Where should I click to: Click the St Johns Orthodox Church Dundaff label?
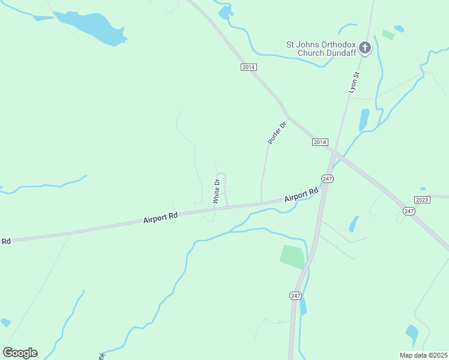click(x=319, y=48)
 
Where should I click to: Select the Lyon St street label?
click(x=354, y=82)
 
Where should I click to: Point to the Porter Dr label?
click(x=278, y=131)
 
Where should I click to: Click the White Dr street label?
click(x=217, y=191)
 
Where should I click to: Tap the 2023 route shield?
click(x=422, y=199)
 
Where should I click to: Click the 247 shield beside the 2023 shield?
click(x=409, y=211)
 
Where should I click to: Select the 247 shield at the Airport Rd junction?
click(x=327, y=179)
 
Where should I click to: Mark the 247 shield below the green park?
click(x=295, y=296)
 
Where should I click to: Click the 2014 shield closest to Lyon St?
click(x=320, y=142)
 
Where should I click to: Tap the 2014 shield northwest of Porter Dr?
click(x=249, y=67)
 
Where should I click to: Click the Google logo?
click(x=20, y=353)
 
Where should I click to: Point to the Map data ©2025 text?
click(x=423, y=355)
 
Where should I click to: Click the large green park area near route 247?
click(x=293, y=256)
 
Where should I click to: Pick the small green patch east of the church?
click(x=388, y=35)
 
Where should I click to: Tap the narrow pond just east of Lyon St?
click(x=364, y=119)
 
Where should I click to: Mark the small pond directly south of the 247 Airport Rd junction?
click(x=354, y=224)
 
